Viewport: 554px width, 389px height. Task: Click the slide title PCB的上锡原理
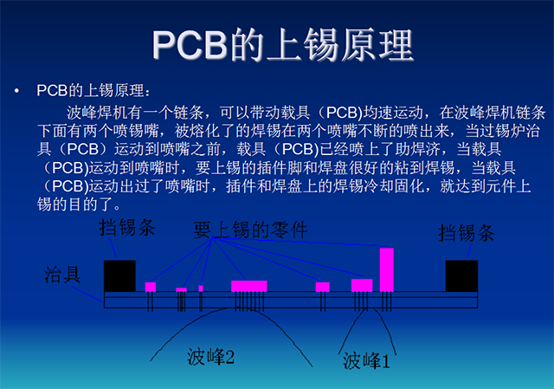point(283,45)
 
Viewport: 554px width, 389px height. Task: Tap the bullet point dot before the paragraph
point(16,91)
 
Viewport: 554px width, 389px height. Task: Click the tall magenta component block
point(387,269)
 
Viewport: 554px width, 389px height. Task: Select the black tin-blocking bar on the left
point(119,276)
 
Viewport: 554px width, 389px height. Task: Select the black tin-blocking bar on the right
point(461,276)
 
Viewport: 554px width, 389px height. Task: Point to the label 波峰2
point(210,356)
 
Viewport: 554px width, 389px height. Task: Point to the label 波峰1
point(366,360)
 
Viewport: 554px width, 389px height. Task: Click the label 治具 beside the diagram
point(62,275)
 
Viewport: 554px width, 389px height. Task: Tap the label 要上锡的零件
point(250,230)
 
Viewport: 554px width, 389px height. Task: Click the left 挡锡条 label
point(127,227)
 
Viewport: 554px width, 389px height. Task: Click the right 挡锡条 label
point(467,233)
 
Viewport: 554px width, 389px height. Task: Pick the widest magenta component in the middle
point(249,286)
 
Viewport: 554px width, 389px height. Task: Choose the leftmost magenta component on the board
point(151,287)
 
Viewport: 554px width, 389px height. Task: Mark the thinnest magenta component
point(201,289)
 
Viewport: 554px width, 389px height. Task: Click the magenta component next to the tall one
point(362,285)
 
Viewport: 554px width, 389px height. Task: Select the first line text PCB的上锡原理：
point(93,90)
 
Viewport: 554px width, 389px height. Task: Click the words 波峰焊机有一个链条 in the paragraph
point(135,113)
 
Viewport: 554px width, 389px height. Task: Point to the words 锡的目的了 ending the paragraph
point(75,204)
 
